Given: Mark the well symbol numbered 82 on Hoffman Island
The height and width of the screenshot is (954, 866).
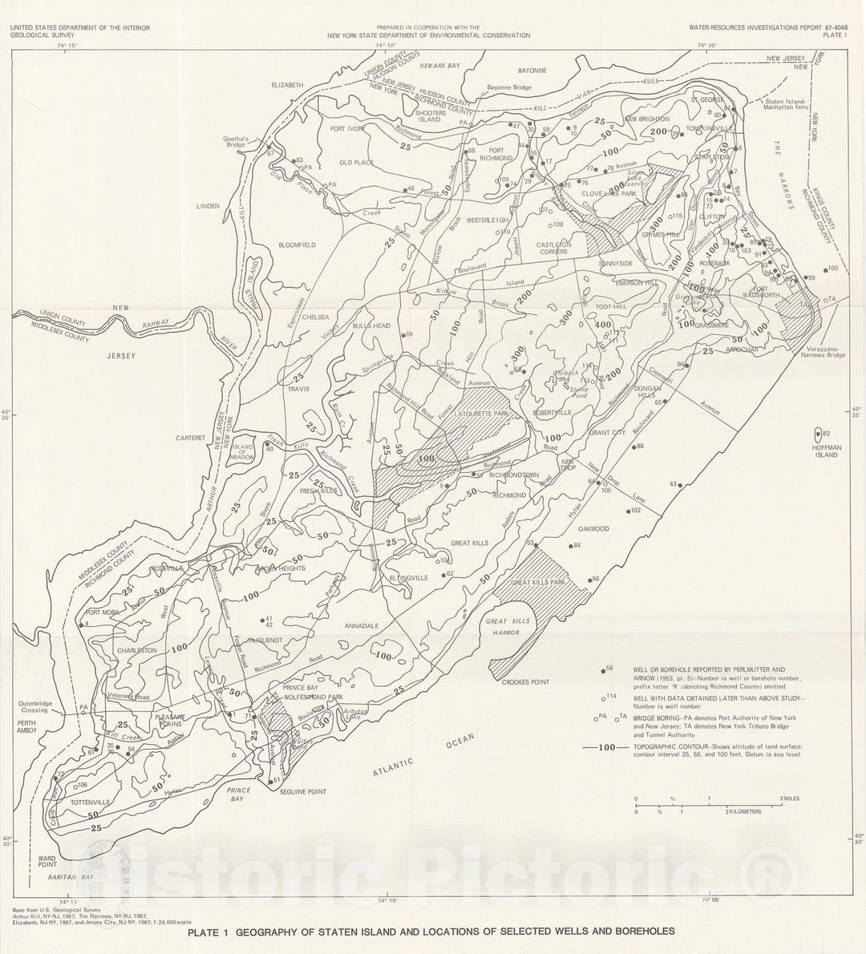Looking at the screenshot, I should coord(818,434).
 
